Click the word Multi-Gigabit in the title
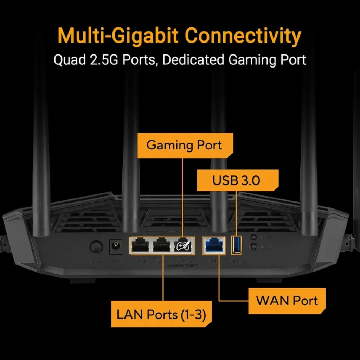pos(118,36)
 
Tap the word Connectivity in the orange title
pos(243,36)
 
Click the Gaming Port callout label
pos(184,145)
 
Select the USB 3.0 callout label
pos(236,181)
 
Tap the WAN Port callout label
pos(287,301)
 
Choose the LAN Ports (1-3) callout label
pos(161,314)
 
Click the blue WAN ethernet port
pos(214,245)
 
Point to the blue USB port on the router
pos(237,245)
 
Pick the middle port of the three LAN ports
pos(162,245)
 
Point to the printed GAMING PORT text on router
pos(182,266)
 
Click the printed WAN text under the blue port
pos(213,261)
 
